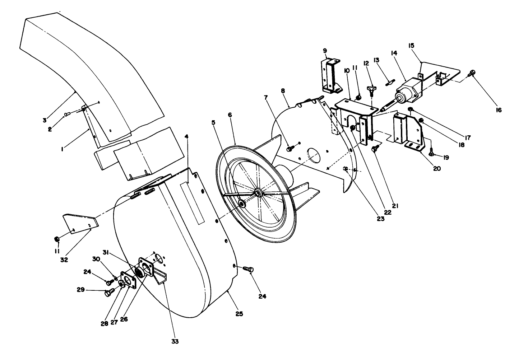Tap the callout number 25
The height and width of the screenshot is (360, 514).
[x=239, y=313]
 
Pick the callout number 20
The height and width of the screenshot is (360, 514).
[x=437, y=168]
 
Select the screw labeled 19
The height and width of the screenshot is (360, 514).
[x=432, y=153]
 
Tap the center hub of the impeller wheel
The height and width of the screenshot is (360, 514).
[x=258, y=193]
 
